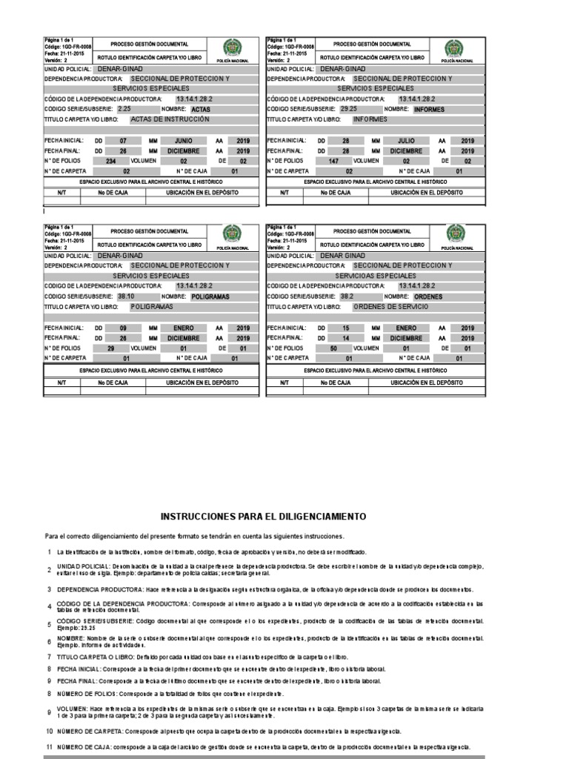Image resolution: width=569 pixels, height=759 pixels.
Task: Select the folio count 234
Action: [x=111, y=160]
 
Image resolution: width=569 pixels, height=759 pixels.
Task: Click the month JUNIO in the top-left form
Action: [x=184, y=140]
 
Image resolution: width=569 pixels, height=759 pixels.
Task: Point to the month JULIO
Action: [x=406, y=140]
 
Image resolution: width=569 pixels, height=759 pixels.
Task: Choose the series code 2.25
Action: [x=124, y=108]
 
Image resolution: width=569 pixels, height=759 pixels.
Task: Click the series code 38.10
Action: [x=125, y=295]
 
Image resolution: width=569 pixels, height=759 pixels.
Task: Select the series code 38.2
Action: [x=347, y=295]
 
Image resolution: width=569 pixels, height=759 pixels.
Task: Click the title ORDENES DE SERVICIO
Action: [x=391, y=305]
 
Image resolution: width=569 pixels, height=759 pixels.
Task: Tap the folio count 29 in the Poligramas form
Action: [x=111, y=347]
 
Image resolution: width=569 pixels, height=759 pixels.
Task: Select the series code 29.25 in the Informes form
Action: [x=348, y=108]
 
